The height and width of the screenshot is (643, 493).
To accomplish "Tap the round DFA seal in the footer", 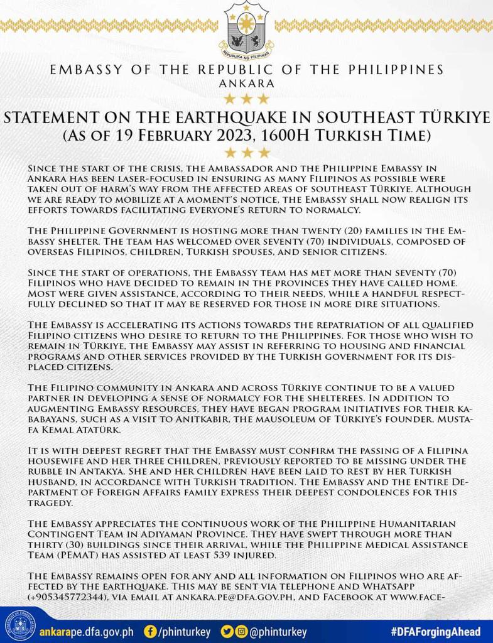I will pos(18,625).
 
